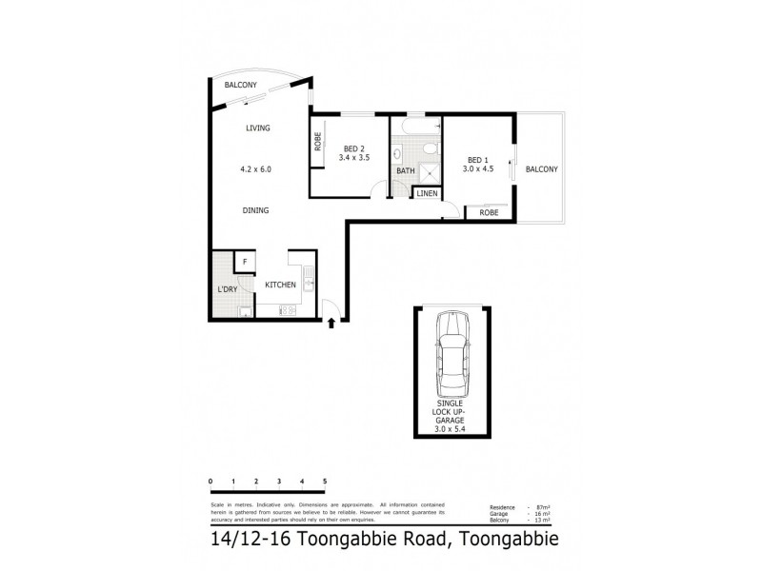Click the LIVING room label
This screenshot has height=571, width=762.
point(257,128)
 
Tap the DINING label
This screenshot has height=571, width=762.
point(255,210)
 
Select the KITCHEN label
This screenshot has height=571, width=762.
point(280,285)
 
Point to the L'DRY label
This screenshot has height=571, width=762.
point(227,288)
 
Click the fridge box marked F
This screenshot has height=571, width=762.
point(245,261)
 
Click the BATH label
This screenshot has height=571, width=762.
point(404,171)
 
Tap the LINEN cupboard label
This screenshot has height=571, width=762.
point(426,193)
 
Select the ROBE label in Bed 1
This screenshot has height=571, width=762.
point(489,212)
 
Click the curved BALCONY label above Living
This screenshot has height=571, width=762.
point(241,86)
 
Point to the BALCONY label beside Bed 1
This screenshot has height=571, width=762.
point(540,169)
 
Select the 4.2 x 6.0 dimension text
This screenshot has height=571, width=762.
point(256,169)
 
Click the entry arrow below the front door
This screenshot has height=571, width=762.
point(331,325)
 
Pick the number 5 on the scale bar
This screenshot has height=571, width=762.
point(326,482)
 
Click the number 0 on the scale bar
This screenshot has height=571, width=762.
point(211,482)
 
